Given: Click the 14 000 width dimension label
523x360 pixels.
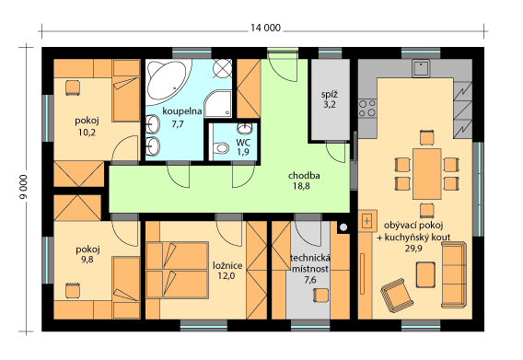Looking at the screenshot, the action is (x=265, y=28).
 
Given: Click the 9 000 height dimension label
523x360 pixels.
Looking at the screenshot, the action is (x=23, y=187).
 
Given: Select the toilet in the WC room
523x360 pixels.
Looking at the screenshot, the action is (x=220, y=148).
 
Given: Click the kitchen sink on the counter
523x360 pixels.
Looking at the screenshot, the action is (x=421, y=68).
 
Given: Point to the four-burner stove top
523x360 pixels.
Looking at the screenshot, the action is (x=367, y=108).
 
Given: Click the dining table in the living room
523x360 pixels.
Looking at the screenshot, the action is (x=427, y=174).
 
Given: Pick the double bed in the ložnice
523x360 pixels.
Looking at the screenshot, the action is (x=177, y=271).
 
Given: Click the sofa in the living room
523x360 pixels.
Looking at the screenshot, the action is (x=453, y=275).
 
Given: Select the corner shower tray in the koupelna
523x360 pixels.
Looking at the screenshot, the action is (x=218, y=104).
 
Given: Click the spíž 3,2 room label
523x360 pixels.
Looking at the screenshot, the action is (x=329, y=99).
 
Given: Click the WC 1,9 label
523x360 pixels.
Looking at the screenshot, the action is (x=243, y=147).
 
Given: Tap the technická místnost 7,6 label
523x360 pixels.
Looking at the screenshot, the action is (x=310, y=269).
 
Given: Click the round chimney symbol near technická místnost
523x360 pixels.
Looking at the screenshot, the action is (x=343, y=227).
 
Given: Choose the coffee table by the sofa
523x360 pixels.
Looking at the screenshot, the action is (x=425, y=274).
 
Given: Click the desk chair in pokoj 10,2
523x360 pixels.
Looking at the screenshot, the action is (x=73, y=87).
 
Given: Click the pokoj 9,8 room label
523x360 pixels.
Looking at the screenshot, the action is (x=87, y=254).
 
